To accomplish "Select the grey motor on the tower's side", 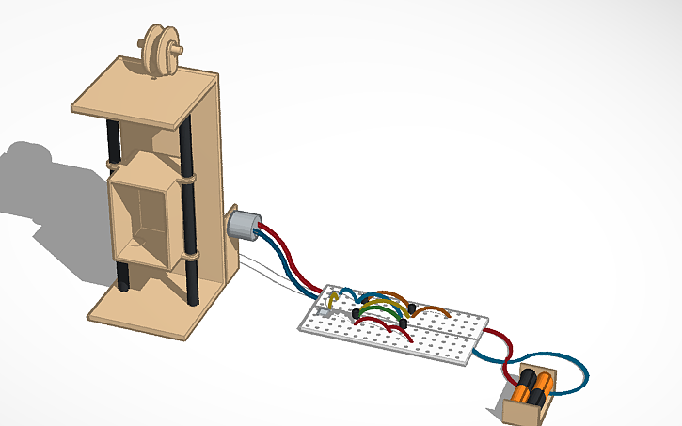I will pos(245,227).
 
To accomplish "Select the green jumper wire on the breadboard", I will pos(376,308).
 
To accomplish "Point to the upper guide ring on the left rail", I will pos(114,166).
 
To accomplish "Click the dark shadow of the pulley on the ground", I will pos(28,155).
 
